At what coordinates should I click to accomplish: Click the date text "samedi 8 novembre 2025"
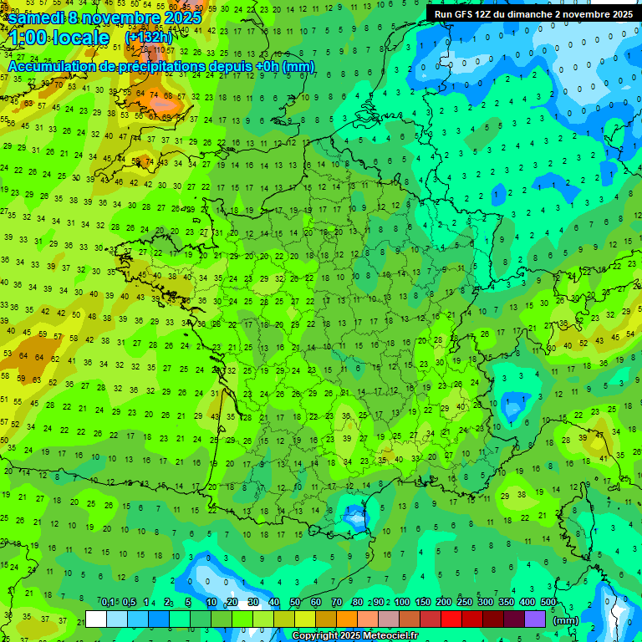click(x=104, y=18)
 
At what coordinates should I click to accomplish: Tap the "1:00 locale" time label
click(x=59, y=38)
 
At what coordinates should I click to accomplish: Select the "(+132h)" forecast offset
click(x=149, y=38)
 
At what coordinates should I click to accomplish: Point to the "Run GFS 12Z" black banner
click(x=533, y=13)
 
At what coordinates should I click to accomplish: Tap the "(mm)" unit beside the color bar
click(x=566, y=620)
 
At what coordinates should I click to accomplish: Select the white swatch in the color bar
click(x=96, y=619)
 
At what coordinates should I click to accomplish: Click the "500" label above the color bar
click(x=548, y=603)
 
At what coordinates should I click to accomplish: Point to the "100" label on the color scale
click(x=402, y=603)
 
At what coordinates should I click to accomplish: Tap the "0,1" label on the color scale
click(x=108, y=603)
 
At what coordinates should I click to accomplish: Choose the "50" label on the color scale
click(x=295, y=603)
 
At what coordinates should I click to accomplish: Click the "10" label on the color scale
click(x=211, y=603)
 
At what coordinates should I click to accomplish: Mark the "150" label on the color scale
click(x=423, y=603)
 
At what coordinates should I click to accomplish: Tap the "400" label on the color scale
click(x=527, y=603)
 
